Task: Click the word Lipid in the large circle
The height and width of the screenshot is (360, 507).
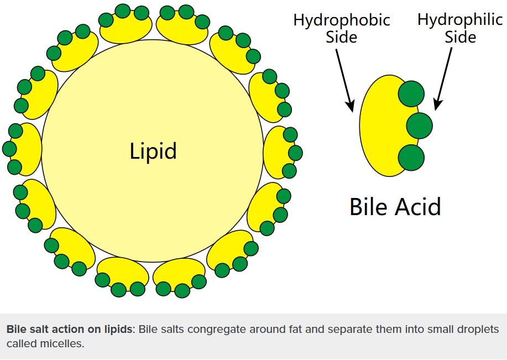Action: [153, 151]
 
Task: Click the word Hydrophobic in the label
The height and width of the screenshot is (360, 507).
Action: [341, 20]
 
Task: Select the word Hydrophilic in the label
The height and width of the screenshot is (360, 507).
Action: [460, 20]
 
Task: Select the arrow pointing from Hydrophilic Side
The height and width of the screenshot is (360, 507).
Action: [444, 78]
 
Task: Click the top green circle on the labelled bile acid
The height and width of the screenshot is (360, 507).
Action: [411, 93]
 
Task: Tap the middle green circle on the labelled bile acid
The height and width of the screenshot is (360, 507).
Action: [419, 126]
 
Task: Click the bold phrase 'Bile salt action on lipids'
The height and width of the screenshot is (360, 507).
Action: [70, 330]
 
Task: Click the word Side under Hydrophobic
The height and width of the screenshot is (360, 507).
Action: [341, 38]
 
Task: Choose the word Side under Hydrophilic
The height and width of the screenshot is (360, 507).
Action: [460, 38]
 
